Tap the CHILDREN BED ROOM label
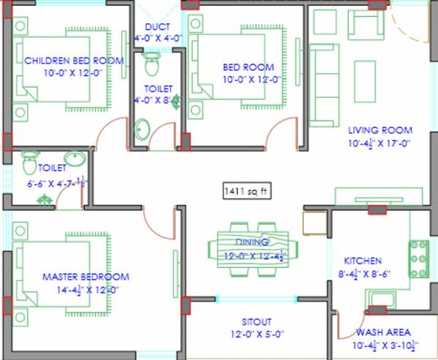click(74, 61)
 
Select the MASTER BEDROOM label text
click(85, 277)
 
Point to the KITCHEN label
click(363, 261)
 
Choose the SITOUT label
click(256, 321)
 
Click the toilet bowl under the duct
click(152, 65)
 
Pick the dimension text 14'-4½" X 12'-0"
click(85, 289)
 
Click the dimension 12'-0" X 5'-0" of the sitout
click(256, 334)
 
